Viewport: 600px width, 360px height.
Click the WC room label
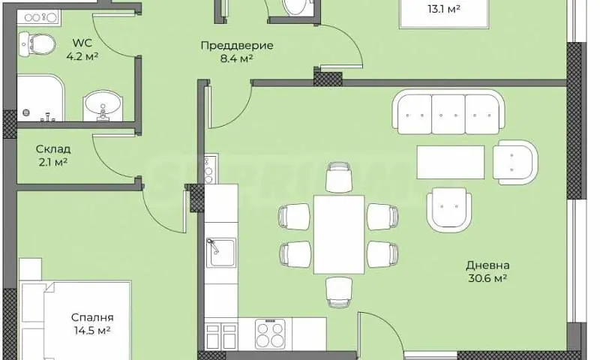click(82, 43)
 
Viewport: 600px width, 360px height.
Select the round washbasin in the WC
click(103, 106)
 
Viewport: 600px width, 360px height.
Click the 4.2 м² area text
click(82, 56)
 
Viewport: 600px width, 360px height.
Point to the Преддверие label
click(237, 46)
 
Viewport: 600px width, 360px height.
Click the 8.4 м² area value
click(236, 58)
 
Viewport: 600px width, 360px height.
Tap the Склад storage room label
click(53, 148)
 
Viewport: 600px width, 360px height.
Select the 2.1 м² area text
click(53, 162)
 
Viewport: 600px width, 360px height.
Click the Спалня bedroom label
click(92, 317)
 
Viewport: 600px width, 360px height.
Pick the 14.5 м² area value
click(92, 331)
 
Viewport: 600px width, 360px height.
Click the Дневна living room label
click(487, 265)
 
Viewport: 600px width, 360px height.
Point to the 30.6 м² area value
click(487, 278)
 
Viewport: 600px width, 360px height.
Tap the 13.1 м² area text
click(443, 9)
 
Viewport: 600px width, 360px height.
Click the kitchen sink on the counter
click(221, 252)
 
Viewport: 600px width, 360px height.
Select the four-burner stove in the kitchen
click(270, 334)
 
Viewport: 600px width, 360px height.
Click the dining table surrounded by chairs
click(339, 235)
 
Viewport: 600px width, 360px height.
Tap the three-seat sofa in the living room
click(448, 112)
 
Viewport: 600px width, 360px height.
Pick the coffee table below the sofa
click(451, 162)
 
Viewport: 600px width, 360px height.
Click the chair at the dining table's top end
click(339, 177)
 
